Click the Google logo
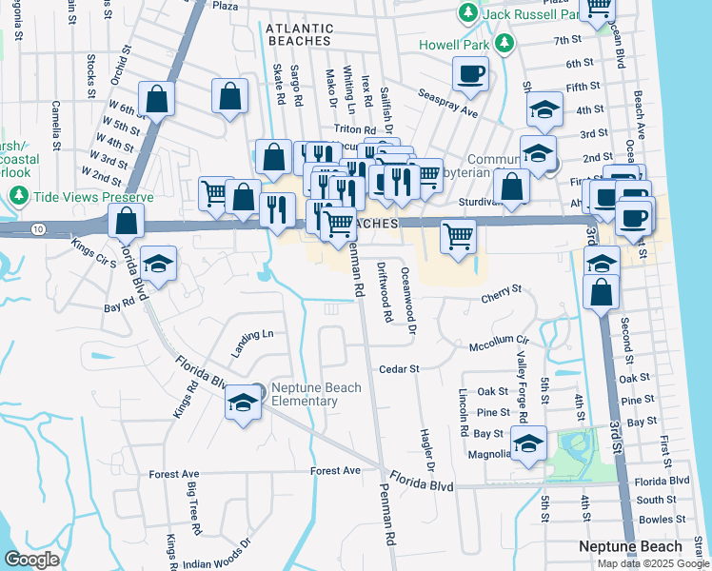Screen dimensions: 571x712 click(x=31, y=559)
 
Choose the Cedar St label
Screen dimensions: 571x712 click(x=400, y=368)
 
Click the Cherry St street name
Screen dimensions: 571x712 click(x=504, y=288)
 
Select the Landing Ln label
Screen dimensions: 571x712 click(x=254, y=335)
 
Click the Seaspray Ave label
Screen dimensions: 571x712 click(x=447, y=104)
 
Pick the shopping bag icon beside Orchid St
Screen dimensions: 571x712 click(x=156, y=98)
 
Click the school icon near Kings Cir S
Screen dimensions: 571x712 click(x=158, y=263)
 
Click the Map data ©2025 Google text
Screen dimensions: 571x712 click(x=652, y=562)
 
